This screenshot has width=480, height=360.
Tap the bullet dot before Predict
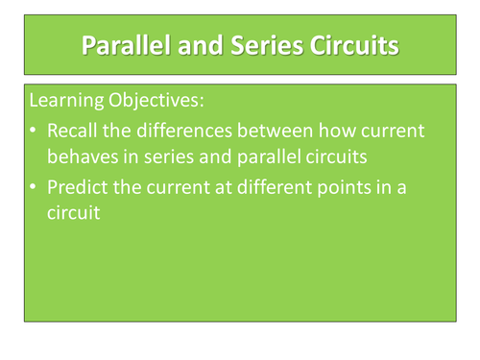(36, 187)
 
